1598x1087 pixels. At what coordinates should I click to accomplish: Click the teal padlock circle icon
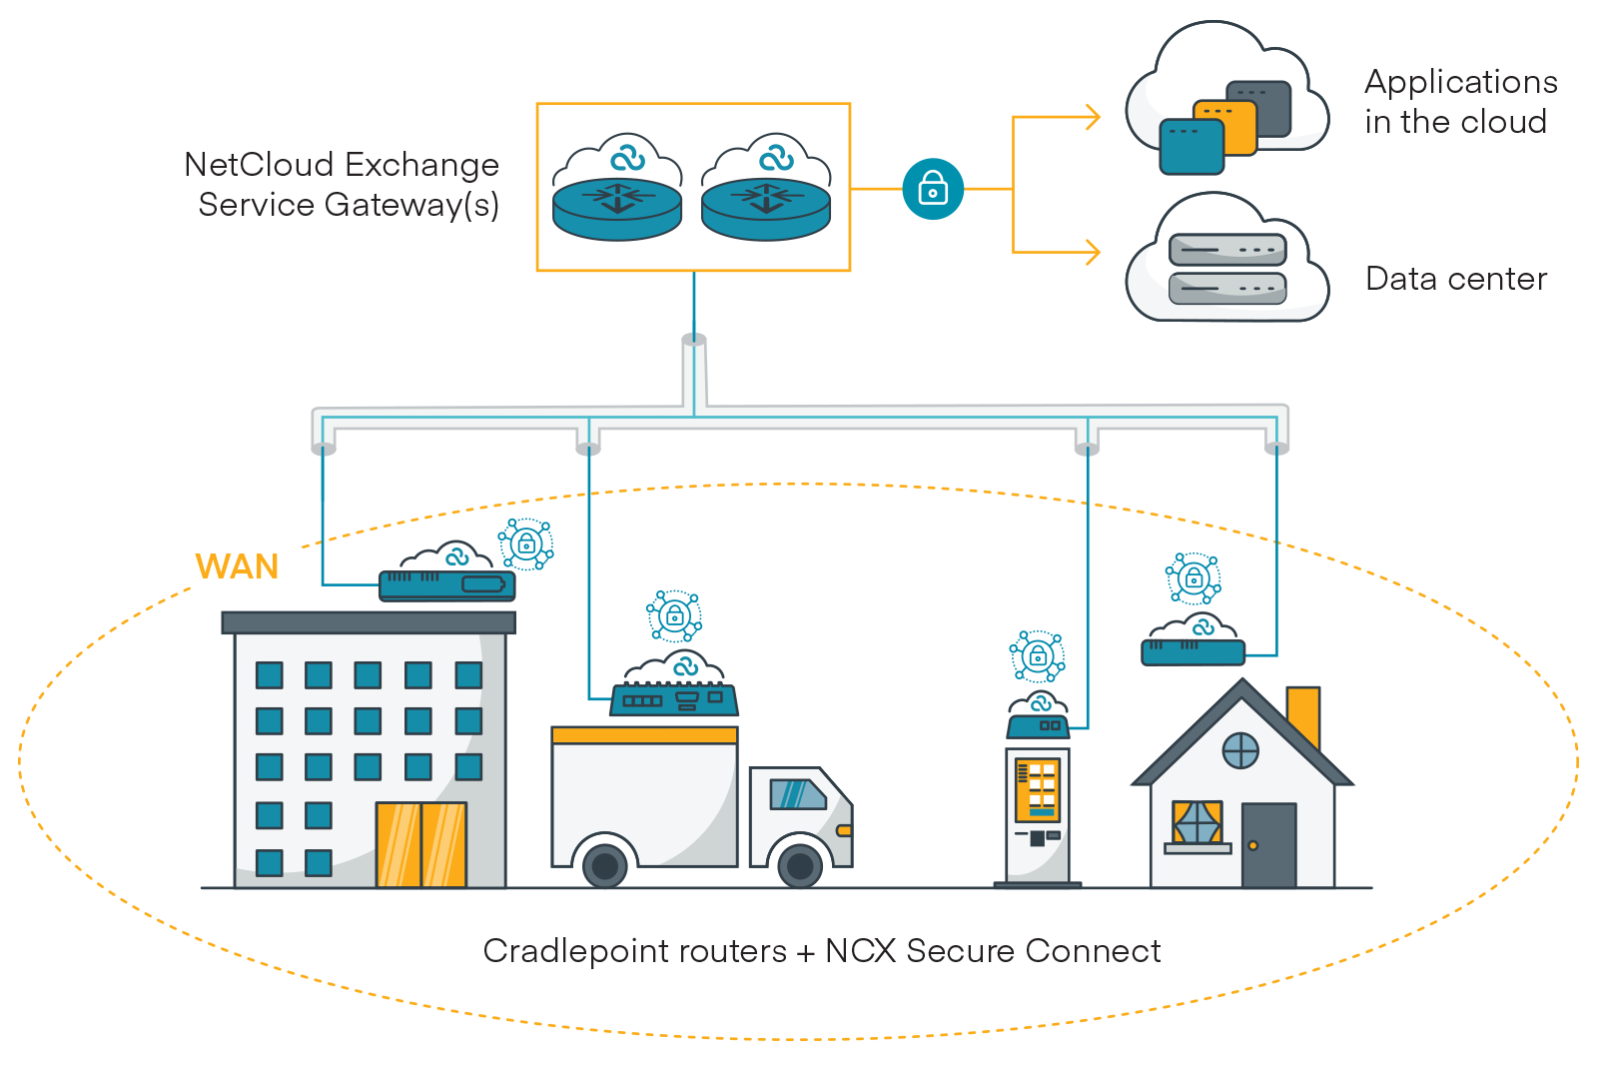(933, 189)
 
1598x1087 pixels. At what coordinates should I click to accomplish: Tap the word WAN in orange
(237, 566)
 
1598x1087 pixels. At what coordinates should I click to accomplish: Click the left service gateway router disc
(617, 208)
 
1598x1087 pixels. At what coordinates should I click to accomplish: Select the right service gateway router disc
(766, 208)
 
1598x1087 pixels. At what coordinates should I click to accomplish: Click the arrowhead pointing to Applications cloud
(1093, 118)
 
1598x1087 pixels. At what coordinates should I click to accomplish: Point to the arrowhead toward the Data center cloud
(1093, 252)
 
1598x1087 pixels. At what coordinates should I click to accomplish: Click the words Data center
(1455, 279)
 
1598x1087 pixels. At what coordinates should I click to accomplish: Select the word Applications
(1460, 82)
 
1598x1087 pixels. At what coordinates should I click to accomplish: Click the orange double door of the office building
(420, 844)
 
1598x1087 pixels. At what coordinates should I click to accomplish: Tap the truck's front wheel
(800, 865)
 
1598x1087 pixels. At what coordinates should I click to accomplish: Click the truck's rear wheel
(605, 865)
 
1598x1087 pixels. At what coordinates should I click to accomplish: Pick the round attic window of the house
(1240, 749)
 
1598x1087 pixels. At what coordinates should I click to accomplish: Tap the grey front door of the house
(1268, 845)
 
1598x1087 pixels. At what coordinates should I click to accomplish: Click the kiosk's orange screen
(1037, 789)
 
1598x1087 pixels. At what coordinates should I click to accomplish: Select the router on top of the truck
(674, 698)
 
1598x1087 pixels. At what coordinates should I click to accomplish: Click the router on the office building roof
(446, 584)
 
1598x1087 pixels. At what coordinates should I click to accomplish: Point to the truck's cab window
(796, 794)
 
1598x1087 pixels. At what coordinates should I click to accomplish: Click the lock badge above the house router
(1193, 578)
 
